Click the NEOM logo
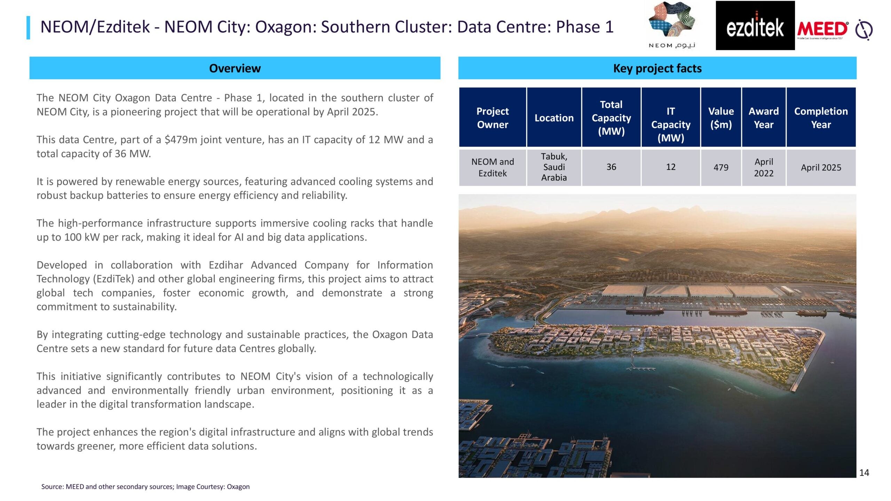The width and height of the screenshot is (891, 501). [672, 25]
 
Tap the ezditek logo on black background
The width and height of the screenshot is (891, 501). [755, 25]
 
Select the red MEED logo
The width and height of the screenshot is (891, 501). [822, 29]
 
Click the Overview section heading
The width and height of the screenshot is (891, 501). [235, 68]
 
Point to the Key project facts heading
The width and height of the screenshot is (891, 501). [657, 68]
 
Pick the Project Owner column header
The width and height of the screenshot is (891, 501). [492, 118]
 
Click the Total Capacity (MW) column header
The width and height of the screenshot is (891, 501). [611, 118]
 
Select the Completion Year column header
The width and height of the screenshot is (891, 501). [821, 118]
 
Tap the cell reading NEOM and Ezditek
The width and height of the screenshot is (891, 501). [492, 167]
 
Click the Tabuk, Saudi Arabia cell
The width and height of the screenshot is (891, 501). [554, 167]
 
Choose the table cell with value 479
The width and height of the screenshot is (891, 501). [721, 167]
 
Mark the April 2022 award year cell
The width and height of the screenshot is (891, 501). [764, 167]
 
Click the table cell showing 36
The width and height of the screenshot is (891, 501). [611, 167]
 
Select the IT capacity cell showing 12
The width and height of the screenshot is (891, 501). [671, 167]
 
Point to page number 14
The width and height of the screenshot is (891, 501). [864, 472]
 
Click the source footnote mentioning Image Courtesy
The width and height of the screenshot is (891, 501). [145, 487]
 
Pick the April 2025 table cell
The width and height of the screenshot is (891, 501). [821, 167]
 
